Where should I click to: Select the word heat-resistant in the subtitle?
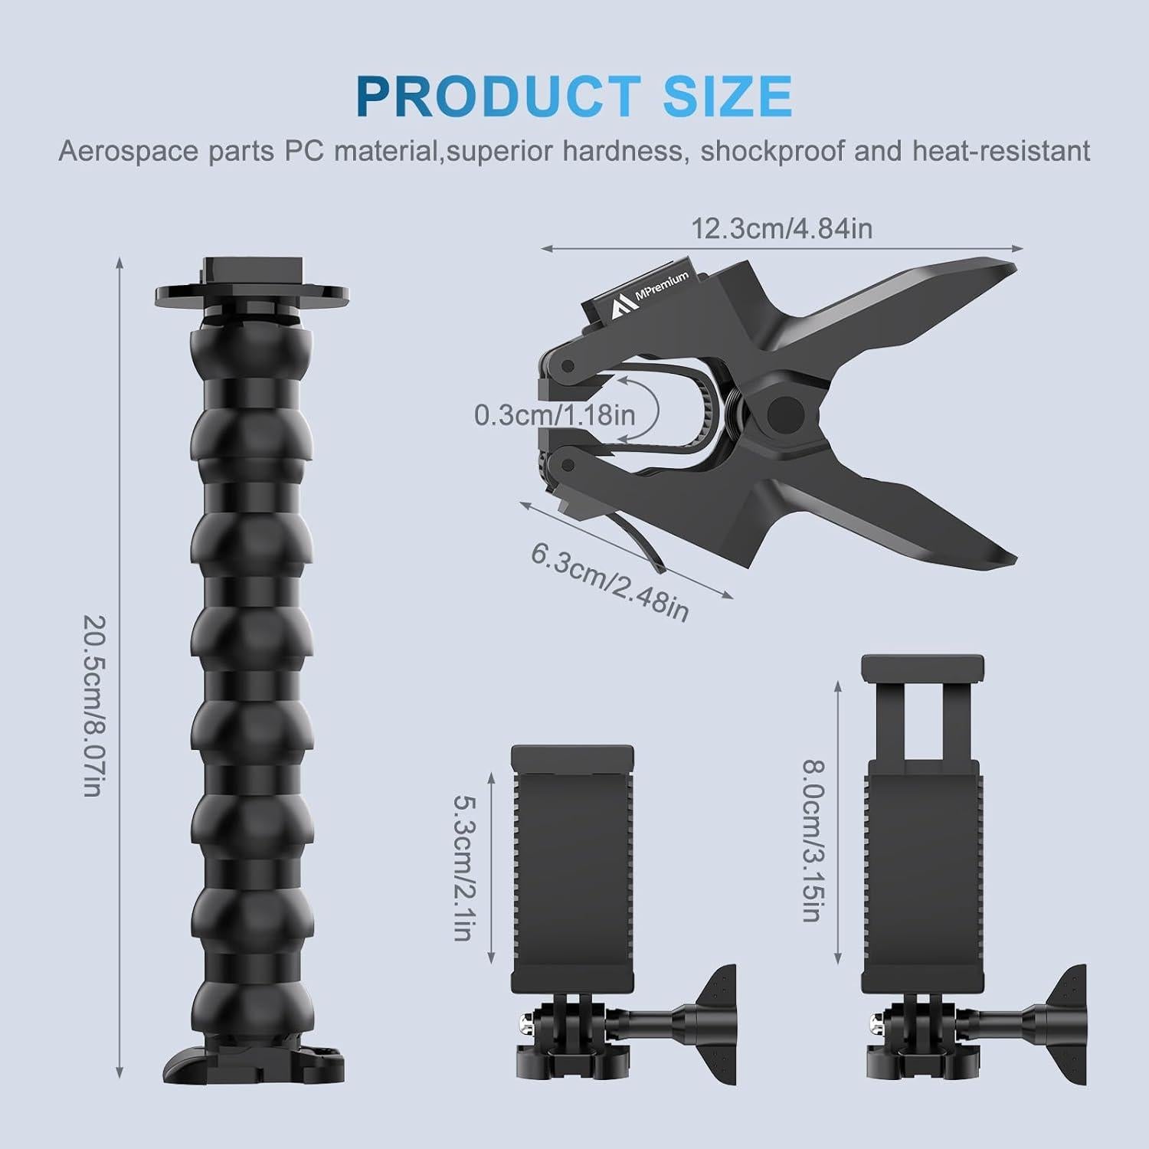click(1000, 151)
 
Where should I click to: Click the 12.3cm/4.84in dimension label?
click(781, 228)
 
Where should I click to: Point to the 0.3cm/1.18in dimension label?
click(555, 414)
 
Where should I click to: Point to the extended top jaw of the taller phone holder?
click(922, 668)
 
